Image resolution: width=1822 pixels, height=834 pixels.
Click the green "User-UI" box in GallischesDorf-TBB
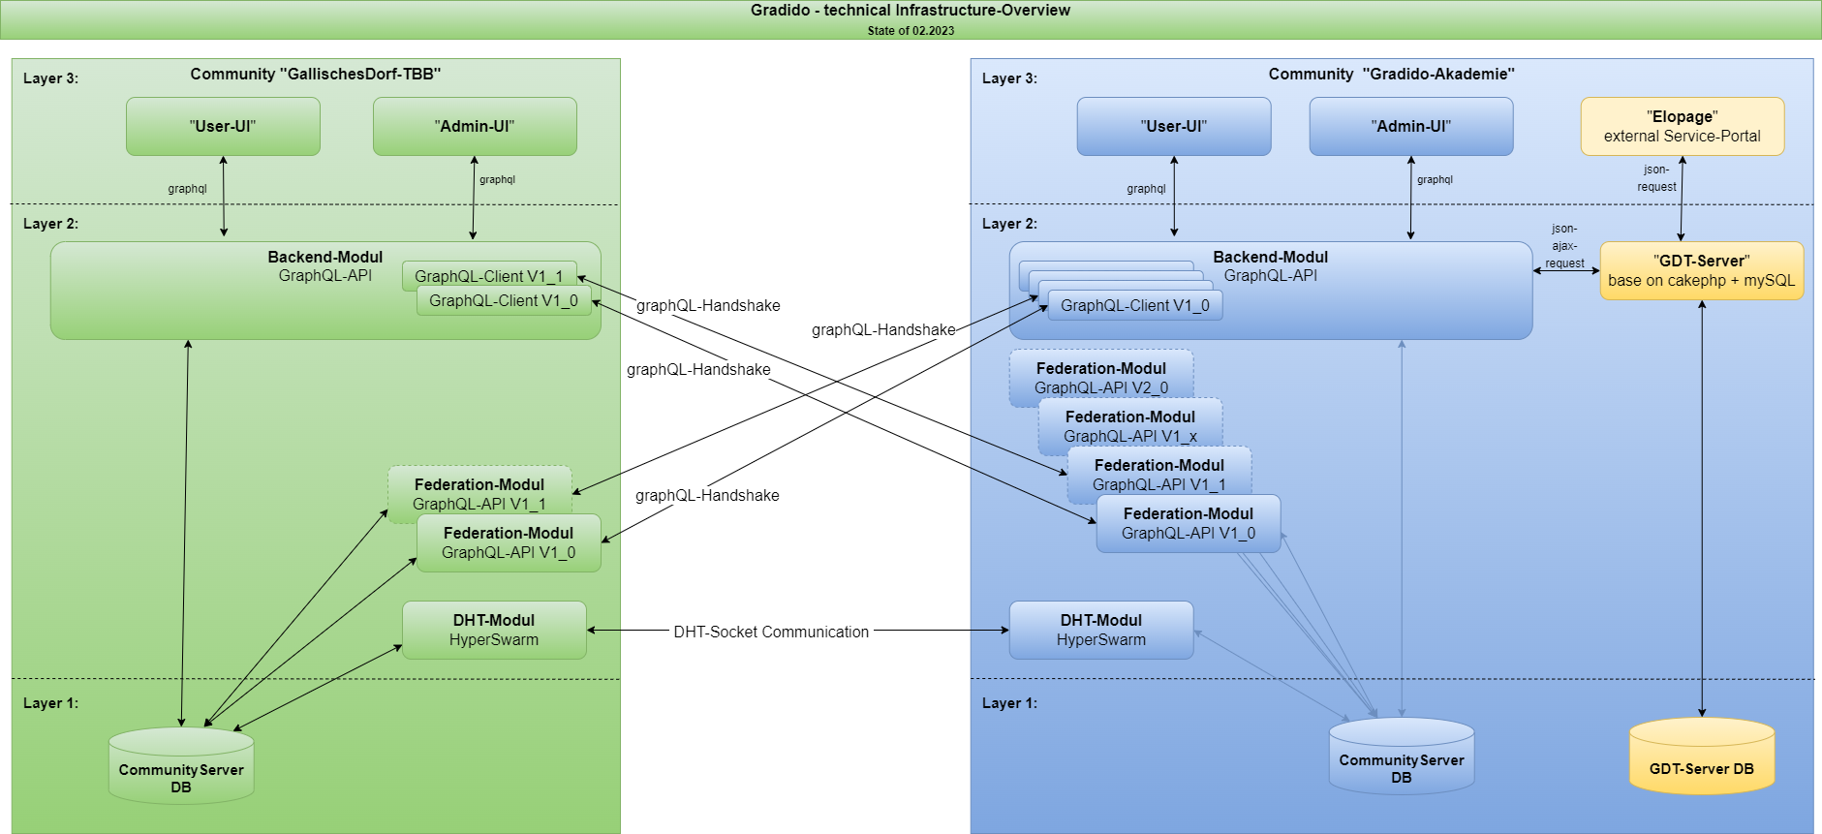click(x=223, y=126)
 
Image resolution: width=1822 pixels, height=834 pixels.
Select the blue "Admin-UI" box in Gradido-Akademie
click(x=1410, y=126)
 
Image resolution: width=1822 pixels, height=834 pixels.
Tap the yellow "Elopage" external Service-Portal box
click(x=1682, y=126)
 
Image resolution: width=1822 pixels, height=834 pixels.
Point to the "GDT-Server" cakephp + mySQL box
click(x=1701, y=270)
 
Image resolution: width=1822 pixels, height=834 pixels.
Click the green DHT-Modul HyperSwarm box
click(x=494, y=630)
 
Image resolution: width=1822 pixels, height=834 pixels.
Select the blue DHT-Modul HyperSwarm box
click(x=1100, y=630)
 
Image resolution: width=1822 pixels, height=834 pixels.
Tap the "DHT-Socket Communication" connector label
click(x=771, y=632)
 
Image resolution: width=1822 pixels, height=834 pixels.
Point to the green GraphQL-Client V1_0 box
click(x=504, y=301)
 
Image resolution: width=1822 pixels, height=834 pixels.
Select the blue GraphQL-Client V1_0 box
click(x=1134, y=306)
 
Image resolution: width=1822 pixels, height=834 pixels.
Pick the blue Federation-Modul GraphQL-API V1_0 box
click(x=1188, y=524)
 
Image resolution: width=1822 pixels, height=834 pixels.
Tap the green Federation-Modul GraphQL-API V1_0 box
click(x=508, y=543)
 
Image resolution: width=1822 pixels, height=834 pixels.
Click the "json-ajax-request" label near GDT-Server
click(x=1564, y=246)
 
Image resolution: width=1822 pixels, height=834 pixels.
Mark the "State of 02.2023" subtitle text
click(x=911, y=31)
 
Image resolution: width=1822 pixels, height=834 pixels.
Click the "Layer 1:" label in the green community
click(x=50, y=703)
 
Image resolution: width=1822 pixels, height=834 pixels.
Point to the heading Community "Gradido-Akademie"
click(x=1391, y=75)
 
